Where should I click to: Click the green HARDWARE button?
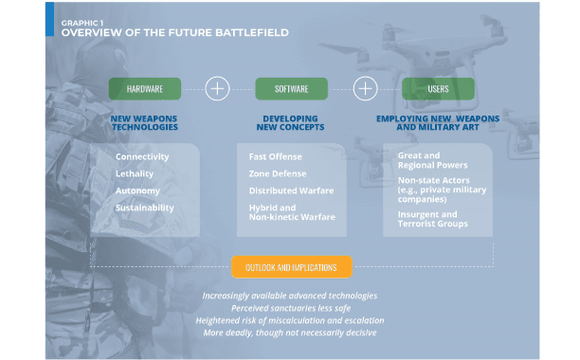(x=145, y=89)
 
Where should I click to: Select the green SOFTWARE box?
(x=292, y=89)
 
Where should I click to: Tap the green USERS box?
(x=438, y=89)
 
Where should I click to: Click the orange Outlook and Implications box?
(x=292, y=267)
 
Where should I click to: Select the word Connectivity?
(x=142, y=156)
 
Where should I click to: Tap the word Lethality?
(x=135, y=173)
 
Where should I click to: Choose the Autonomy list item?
(x=137, y=190)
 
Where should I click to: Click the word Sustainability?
(x=145, y=207)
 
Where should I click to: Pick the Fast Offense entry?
(x=275, y=156)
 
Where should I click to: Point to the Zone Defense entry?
(x=278, y=173)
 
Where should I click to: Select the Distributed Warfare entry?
(x=291, y=190)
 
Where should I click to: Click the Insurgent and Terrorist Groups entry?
(x=433, y=219)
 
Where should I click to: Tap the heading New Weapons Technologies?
(x=144, y=123)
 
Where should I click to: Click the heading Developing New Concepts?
(x=290, y=123)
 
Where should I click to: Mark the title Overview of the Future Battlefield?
(x=175, y=32)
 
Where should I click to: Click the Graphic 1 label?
(x=82, y=23)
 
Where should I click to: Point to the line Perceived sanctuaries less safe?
(x=291, y=308)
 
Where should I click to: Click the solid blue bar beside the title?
(x=49, y=19)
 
